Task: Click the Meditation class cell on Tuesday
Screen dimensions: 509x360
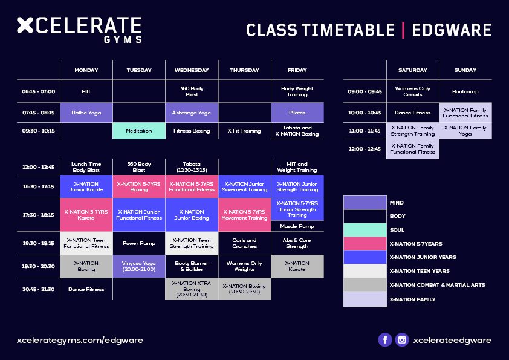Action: click(139, 131)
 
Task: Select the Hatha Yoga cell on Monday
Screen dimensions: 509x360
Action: click(86, 113)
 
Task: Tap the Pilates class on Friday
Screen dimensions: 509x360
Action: click(297, 113)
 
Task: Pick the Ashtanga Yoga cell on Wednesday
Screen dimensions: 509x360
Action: click(192, 113)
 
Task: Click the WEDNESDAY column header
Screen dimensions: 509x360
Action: click(192, 70)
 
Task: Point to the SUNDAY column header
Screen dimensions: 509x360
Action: click(465, 70)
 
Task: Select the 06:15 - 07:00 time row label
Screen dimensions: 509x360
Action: click(39, 91)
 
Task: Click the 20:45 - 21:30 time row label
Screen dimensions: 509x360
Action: click(39, 289)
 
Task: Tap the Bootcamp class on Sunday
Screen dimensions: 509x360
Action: click(465, 91)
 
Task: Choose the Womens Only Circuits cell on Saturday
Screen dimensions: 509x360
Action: click(413, 91)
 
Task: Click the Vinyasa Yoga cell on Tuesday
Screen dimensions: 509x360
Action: click(139, 266)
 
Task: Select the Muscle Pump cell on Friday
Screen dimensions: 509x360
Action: click(297, 226)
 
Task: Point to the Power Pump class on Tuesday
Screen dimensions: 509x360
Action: click(139, 243)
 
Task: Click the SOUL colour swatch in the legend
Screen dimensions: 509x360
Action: click(365, 230)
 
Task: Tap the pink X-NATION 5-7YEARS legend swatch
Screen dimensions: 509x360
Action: click(365, 244)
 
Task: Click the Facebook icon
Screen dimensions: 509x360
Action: click(385, 340)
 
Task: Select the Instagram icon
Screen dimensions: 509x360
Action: click(402, 340)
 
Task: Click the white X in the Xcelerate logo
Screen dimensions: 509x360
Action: click(25, 25)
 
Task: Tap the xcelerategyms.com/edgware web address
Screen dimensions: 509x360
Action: click(80, 341)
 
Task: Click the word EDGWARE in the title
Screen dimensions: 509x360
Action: click(452, 30)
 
